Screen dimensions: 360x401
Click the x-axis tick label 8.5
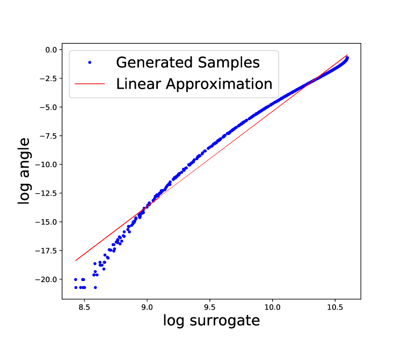84,308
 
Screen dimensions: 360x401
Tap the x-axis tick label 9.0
147,308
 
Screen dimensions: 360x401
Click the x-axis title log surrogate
211,321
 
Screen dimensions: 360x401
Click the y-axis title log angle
25,171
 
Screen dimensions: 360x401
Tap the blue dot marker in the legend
90,63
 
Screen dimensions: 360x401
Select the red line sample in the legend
90,84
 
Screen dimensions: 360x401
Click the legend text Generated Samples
188,62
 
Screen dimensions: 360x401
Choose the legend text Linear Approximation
194,84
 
